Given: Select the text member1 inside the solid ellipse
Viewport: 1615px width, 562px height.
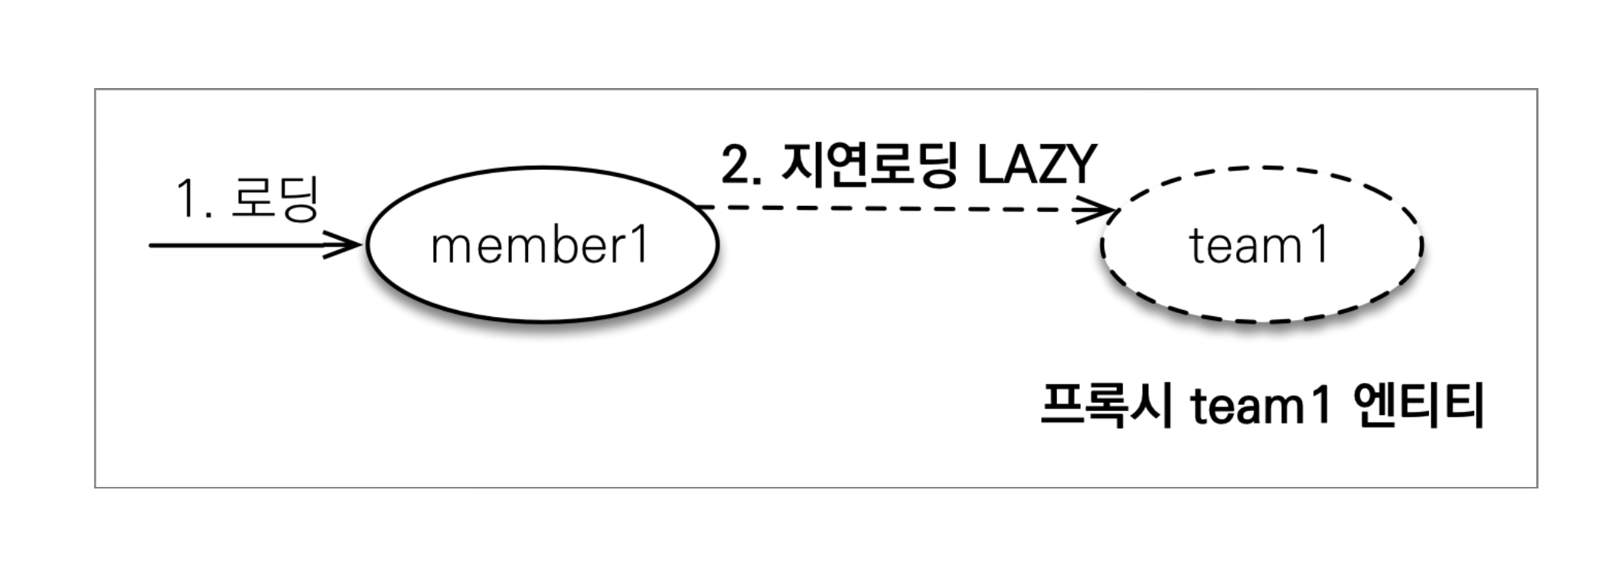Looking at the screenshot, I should pyautogui.click(x=540, y=246).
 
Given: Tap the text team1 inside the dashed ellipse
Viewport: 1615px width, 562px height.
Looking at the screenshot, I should pyautogui.click(x=1259, y=246).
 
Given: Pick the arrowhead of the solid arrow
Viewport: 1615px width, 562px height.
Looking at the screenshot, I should pyautogui.click(x=348, y=245).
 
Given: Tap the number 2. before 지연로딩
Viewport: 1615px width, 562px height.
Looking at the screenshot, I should pyautogui.click(x=741, y=165).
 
